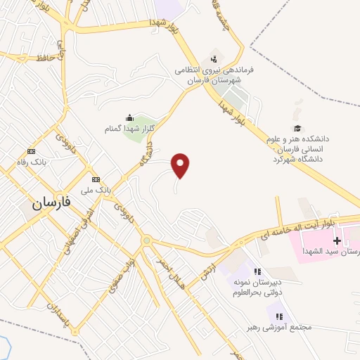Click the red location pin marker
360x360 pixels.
click(181, 165)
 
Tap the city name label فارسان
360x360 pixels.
click(51, 203)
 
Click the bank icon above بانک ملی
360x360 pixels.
click(96, 179)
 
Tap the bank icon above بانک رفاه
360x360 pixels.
click(31, 151)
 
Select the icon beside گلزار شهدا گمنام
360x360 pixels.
click(129, 117)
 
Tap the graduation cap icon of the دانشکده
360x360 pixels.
click(297, 129)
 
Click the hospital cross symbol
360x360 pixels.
click(337, 240)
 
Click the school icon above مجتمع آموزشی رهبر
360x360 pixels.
click(279, 316)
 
